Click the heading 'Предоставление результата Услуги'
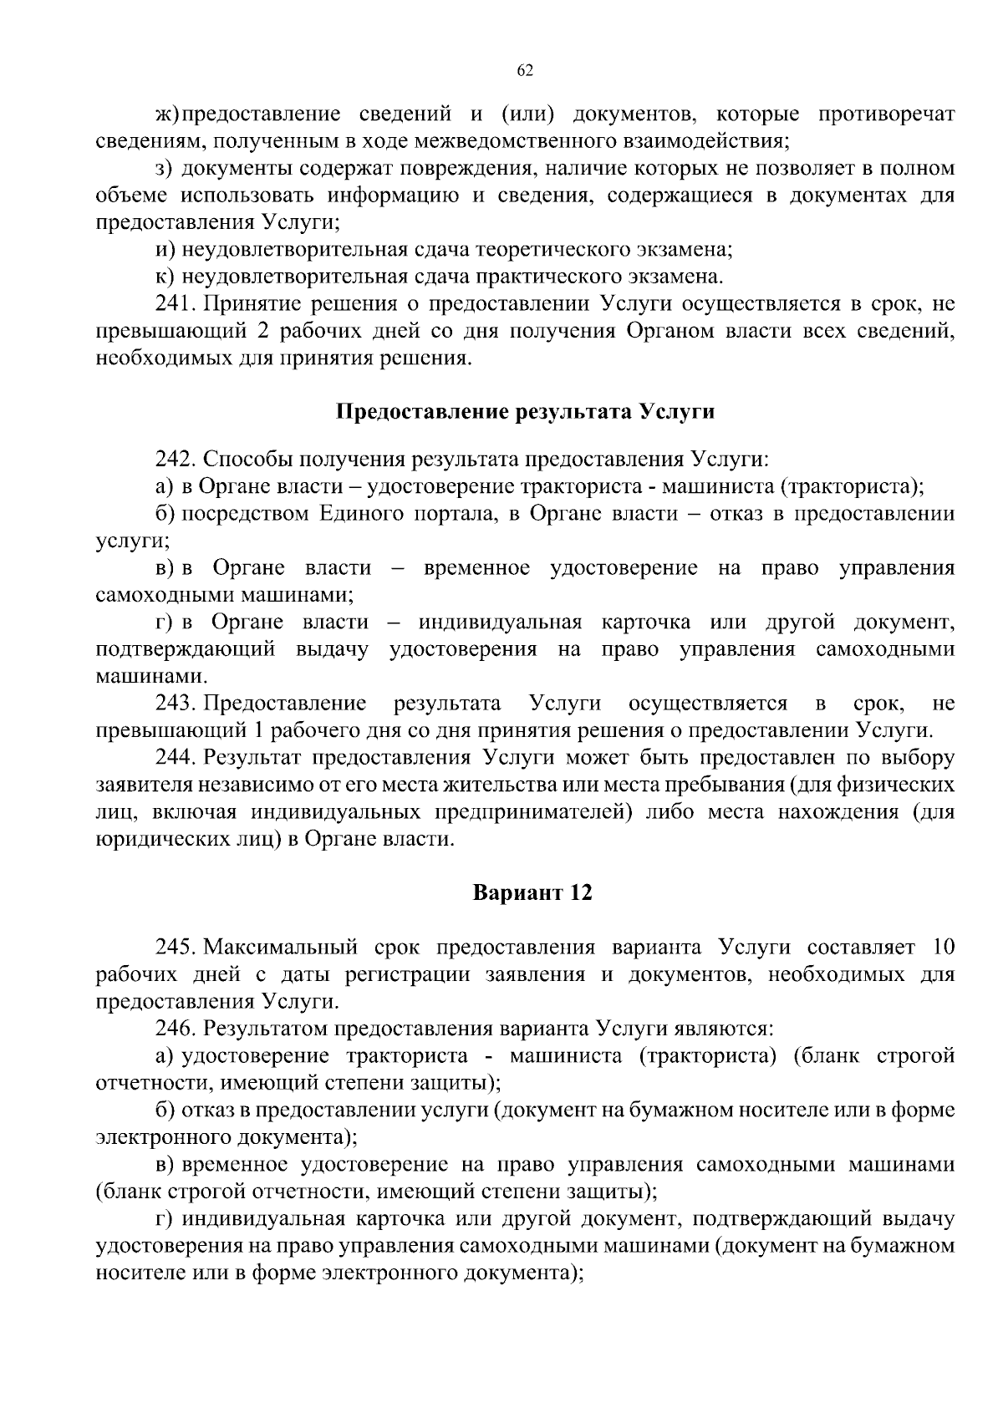pos(525,412)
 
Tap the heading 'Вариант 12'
pos(532,893)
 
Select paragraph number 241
pos(176,303)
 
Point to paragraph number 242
pos(176,460)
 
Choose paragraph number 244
pos(176,758)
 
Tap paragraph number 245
pos(176,948)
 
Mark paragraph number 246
pos(176,1029)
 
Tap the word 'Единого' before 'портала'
pos(361,513)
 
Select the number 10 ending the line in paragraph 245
pos(941,948)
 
